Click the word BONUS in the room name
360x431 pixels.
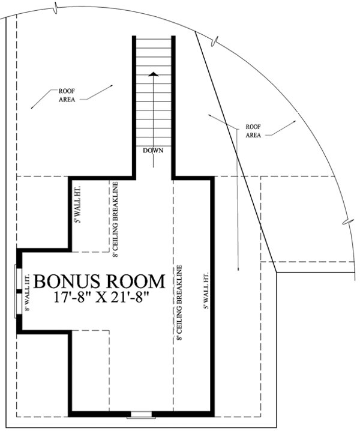click(x=67, y=281)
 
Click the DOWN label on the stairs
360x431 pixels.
click(x=154, y=150)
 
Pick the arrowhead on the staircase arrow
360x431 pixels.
click(x=154, y=74)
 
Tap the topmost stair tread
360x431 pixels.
click(x=154, y=40)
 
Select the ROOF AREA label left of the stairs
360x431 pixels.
click(x=67, y=95)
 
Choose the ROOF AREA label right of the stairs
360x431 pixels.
click(x=252, y=131)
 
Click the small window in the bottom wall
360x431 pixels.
click(x=143, y=414)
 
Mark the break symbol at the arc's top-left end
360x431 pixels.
click(x=56, y=8)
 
